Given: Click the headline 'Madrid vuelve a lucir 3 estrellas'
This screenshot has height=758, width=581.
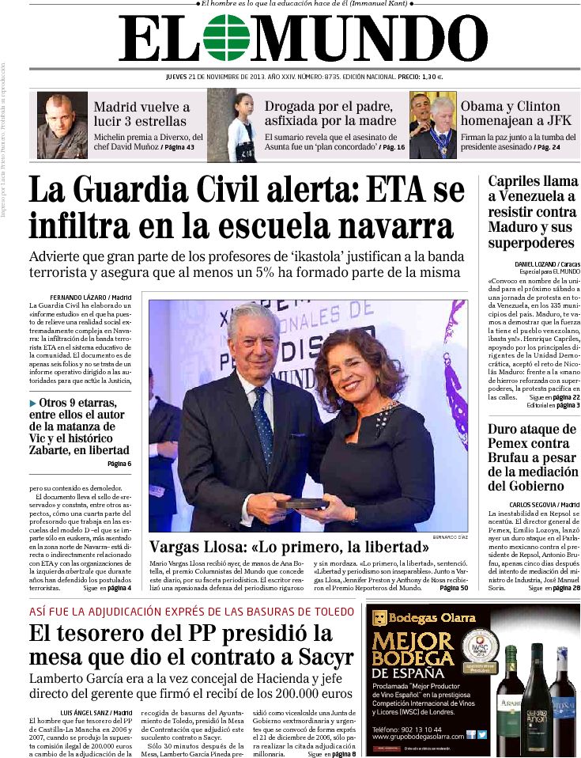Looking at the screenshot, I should [x=141, y=114].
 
